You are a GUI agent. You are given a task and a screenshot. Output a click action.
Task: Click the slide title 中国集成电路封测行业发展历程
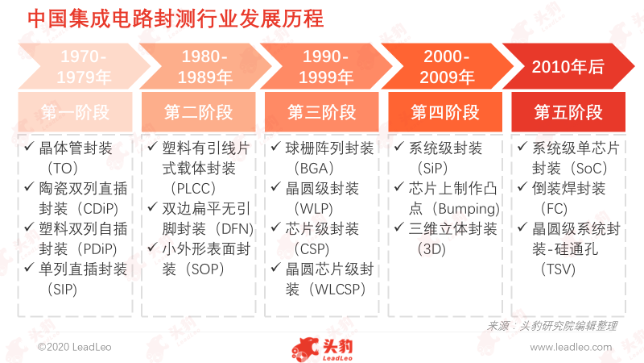175,19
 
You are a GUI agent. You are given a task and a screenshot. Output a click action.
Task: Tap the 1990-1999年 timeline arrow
326,66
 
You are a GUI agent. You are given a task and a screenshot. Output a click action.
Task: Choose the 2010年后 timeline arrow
568,66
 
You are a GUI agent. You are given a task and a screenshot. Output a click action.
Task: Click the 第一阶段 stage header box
75,112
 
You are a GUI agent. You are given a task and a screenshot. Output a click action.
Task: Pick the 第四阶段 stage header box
445,112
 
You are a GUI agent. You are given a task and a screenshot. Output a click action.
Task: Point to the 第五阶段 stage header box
568,112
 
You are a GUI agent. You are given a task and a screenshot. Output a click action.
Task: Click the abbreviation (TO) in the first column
63,169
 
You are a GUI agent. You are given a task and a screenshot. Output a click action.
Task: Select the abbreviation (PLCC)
193,189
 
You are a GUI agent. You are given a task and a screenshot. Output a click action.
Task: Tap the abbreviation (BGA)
314,169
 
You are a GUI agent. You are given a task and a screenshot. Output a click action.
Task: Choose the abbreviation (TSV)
558,269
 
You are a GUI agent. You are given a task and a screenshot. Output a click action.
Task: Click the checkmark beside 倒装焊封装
522,187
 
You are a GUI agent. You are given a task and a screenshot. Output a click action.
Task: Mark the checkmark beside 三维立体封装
398,227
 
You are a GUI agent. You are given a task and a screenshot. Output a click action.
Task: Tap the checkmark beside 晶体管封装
29,146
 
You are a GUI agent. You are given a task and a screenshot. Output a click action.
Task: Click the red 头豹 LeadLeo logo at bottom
323,349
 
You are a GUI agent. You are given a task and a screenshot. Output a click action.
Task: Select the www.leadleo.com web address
571,347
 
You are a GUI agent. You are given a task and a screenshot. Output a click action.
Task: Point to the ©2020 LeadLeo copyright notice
74,347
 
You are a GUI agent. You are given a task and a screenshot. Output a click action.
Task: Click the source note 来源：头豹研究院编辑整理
552,327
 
